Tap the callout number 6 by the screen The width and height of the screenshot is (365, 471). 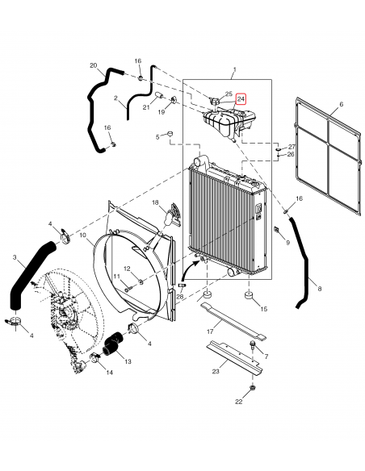pos(341,105)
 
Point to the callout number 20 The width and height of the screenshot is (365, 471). pos(93,65)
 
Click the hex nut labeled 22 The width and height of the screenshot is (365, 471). pos(253,388)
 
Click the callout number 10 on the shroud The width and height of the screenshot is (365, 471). pos(83,236)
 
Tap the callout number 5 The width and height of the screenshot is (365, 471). pos(158,136)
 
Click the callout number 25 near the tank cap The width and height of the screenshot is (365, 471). pos(229,94)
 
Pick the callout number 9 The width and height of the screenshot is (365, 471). pos(287,241)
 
